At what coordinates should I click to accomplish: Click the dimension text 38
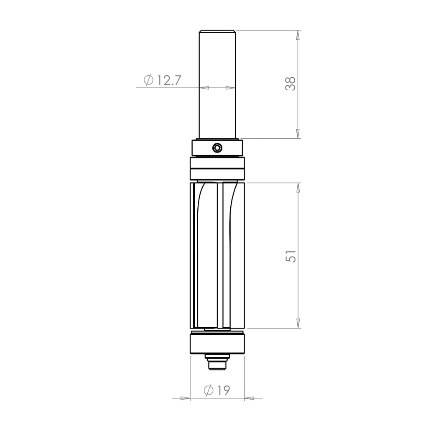(x=290, y=83)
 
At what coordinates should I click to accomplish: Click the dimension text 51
(x=291, y=256)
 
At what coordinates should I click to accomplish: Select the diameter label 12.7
(x=169, y=80)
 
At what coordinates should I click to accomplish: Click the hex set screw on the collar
(x=217, y=148)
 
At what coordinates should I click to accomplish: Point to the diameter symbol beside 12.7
(x=148, y=80)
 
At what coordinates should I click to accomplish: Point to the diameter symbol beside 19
(x=209, y=390)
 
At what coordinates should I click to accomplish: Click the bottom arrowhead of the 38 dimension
(x=298, y=133)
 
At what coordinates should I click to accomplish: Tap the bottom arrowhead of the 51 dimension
(x=298, y=323)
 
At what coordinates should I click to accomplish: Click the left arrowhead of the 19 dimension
(x=185, y=398)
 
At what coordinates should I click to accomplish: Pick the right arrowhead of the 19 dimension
(x=250, y=398)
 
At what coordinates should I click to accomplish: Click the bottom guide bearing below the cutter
(x=217, y=344)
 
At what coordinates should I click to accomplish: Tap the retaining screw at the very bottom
(x=217, y=364)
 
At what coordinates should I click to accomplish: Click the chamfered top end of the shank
(x=217, y=31)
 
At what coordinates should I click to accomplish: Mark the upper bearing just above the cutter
(x=217, y=168)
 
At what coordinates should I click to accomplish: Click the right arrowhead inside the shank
(x=230, y=88)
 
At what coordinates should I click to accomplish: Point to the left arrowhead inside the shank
(x=204, y=88)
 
